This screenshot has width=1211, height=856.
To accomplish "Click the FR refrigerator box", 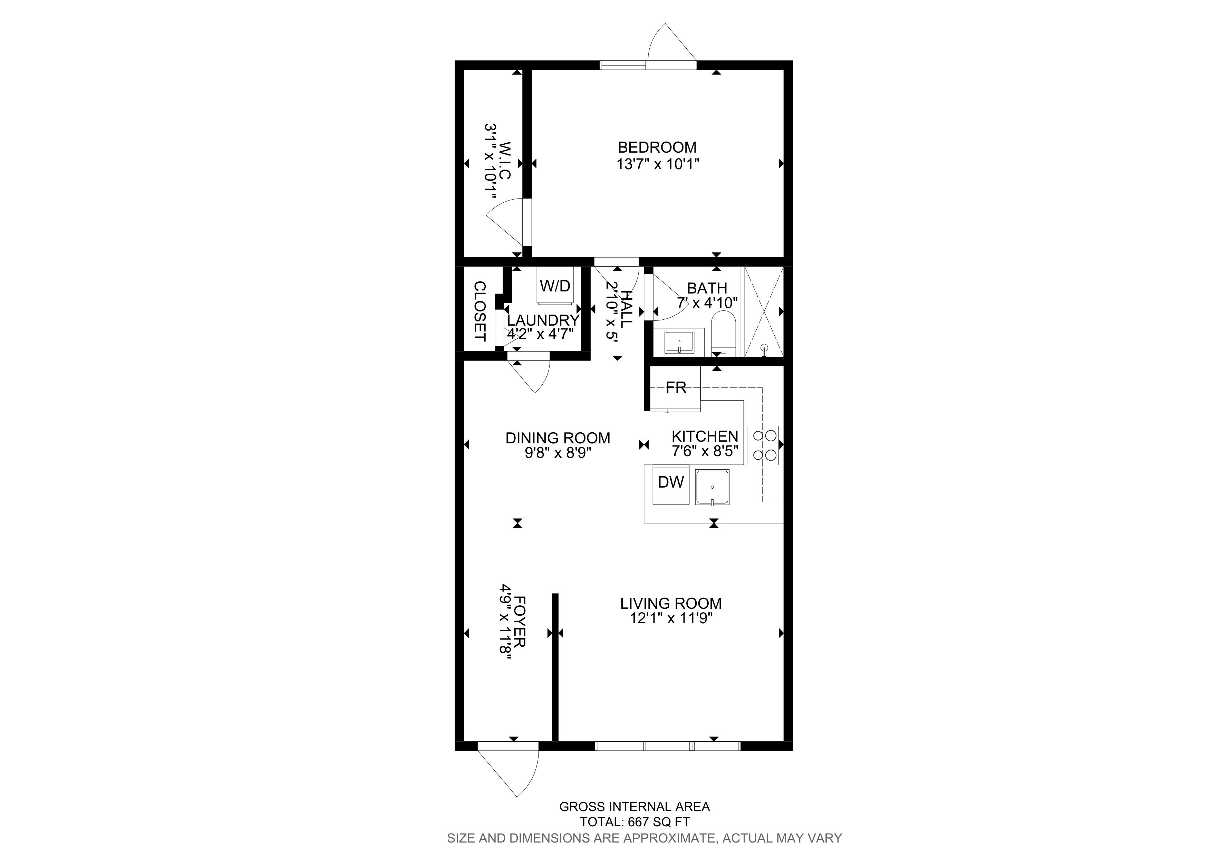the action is click(x=675, y=388).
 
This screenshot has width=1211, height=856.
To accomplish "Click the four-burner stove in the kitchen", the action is click(x=763, y=445).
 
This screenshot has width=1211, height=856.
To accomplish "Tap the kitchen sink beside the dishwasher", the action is click(x=712, y=487).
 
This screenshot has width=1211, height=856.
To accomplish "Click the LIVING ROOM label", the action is click(x=671, y=603).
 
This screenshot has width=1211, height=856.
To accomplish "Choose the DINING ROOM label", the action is click(x=558, y=438).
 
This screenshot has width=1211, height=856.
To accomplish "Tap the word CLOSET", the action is click(x=479, y=311).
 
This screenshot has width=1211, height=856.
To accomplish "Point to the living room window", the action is click(x=668, y=746).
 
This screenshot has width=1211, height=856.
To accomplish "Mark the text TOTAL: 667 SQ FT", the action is click(x=634, y=822).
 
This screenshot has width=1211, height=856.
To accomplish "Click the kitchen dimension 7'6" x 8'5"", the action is click(x=705, y=451).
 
